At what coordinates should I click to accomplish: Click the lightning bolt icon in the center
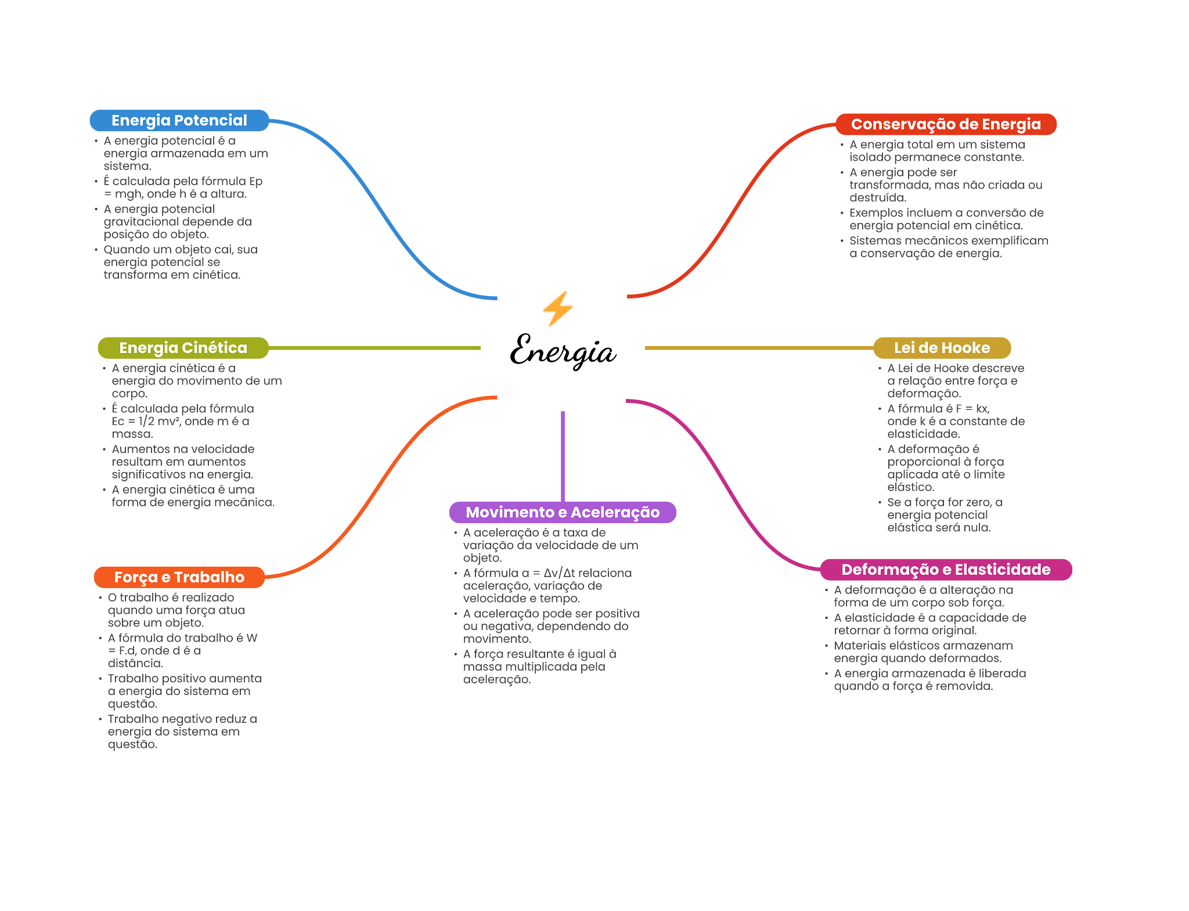[x=557, y=308]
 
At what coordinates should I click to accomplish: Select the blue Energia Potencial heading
[x=179, y=121]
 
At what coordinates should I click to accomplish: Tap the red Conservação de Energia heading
[x=945, y=124]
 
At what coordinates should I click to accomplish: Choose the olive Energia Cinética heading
[x=183, y=348]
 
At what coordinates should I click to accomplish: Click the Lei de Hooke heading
[x=942, y=348]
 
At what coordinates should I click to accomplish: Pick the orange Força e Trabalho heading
[x=179, y=577]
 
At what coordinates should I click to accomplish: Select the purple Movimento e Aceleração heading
[x=562, y=512]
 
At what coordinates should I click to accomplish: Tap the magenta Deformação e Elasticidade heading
[x=945, y=570]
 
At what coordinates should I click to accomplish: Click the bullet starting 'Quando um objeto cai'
[x=180, y=262]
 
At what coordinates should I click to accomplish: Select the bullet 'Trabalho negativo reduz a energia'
[x=182, y=732]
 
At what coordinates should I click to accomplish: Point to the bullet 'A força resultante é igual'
[x=539, y=667]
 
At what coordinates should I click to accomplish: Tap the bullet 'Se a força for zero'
[x=945, y=515]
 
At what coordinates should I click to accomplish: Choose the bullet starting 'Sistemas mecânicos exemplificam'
[x=948, y=247]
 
